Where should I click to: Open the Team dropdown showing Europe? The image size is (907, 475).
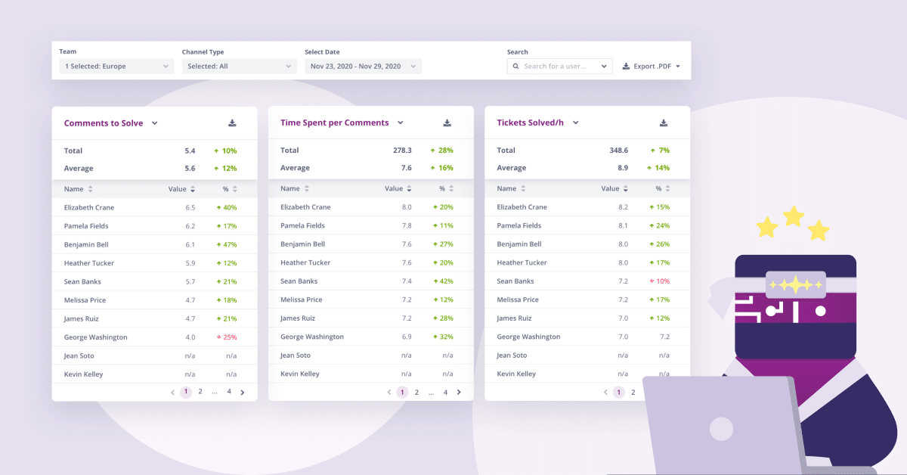(x=116, y=66)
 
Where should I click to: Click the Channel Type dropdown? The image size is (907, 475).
(x=240, y=66)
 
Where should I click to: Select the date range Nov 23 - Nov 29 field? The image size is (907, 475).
(x=363, y=66)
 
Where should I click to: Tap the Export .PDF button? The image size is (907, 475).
(x=651, y=66)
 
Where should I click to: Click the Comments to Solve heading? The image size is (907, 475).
(x=104, y=123)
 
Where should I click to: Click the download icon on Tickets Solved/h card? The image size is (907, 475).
(x=664, y=123)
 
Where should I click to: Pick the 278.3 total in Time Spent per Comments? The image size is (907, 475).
(x=402, y=150)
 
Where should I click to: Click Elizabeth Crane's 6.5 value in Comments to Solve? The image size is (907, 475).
(x=190, y=207)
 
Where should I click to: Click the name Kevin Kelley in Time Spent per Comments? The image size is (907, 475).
(x=300, y=374)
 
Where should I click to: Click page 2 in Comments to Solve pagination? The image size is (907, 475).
(x=200, y=392)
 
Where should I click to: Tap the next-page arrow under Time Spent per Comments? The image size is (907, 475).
(x=459, y=392)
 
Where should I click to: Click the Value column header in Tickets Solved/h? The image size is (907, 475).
(x=610, y=188)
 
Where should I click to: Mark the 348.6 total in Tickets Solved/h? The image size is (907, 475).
(x=619, y=150)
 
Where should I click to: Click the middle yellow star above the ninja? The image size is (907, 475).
(x=793, y=216)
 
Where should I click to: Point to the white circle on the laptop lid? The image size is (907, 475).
(x=721, y=428)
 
